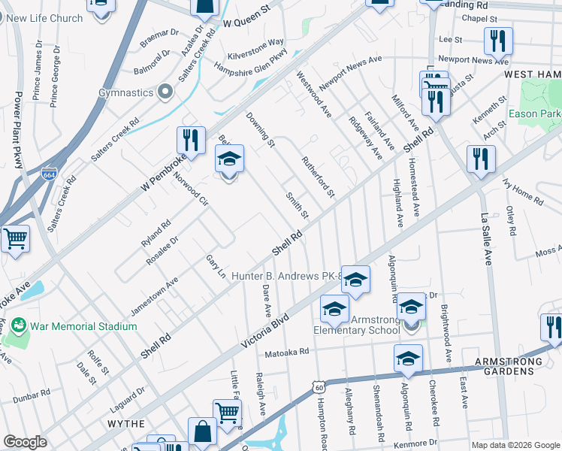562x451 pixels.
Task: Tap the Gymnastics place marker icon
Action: pos(165,92)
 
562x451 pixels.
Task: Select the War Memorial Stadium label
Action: pos(83,326)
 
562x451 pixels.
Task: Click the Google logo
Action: pos(26,441)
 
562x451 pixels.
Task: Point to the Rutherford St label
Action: pos(317,177)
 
